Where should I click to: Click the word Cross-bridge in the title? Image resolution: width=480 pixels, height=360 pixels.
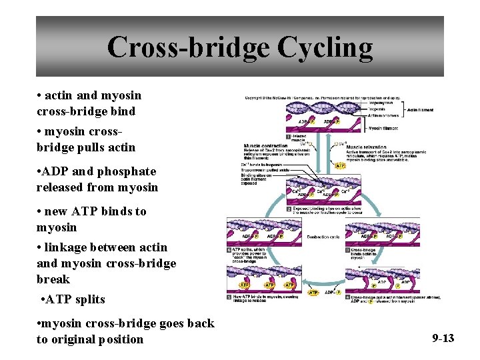[x=187, y=48]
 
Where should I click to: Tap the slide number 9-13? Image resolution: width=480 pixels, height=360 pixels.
[x=443, y=338]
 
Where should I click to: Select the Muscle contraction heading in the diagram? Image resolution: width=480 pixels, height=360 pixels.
[x=267, y=145]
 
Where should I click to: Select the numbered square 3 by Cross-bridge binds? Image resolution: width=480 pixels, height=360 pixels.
[x=347, y=250]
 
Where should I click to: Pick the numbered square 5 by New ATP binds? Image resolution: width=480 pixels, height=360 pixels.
[x=230, y=297]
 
